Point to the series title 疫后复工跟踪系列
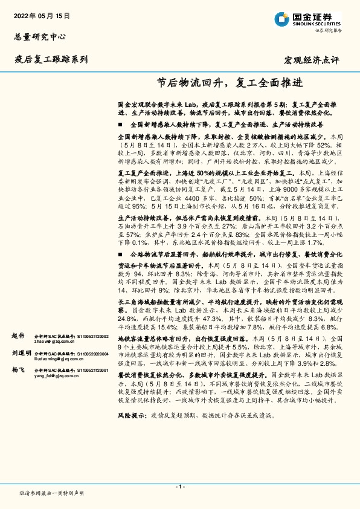[51, 59]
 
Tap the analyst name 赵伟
[18, 336]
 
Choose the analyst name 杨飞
[18, 369]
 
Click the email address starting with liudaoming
[59, 359]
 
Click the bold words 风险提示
[131, 417]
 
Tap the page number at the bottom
[179, 487]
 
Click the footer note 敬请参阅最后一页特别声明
[51, 493]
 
